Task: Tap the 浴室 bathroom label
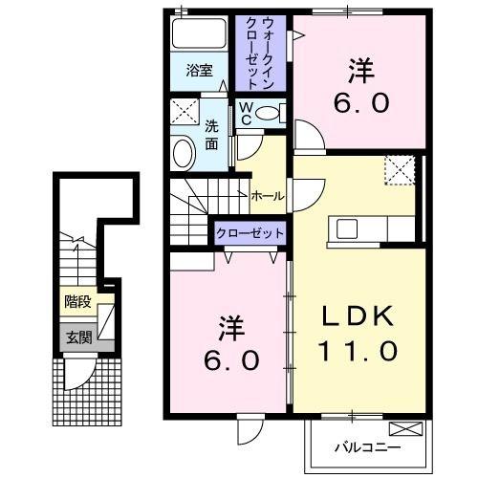[198, 70]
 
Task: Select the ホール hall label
[267, 196]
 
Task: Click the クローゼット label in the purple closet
[250, 233]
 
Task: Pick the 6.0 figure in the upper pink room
[362, 102]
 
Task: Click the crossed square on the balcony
[404, 429]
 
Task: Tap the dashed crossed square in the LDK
[399, 171]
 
